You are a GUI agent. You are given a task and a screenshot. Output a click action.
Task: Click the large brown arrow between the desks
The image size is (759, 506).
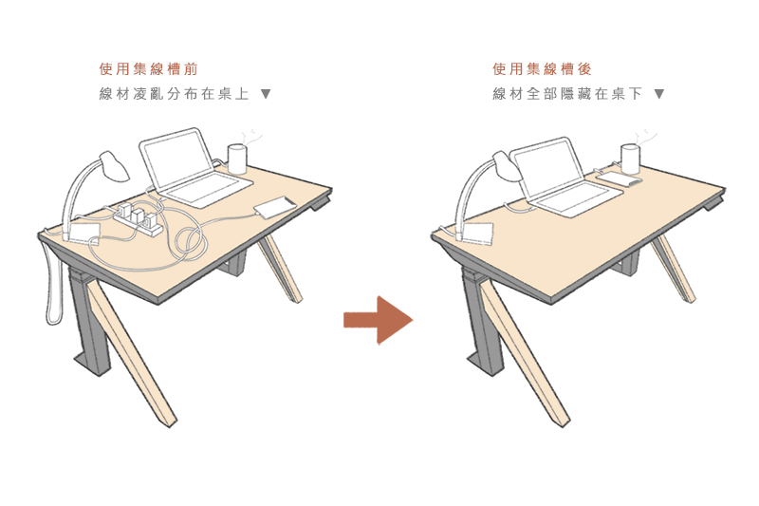[x=378, y=320]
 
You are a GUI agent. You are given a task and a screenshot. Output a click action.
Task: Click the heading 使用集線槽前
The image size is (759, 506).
[x=149, y=68]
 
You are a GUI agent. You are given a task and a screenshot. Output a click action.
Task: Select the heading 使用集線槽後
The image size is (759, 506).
[x=542, y=68]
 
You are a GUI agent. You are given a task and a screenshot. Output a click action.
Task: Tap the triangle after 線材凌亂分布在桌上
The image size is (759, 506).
[x=266, y=93]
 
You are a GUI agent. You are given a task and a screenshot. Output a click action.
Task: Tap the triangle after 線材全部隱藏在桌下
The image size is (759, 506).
[x=658, y=93]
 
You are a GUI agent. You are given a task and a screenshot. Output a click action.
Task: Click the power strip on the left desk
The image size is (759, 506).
[x=139, y=219]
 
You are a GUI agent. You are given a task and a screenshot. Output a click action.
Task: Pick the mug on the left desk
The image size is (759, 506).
[x=237, y=159]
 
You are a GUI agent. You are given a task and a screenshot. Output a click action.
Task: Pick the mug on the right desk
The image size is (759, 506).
[x=630, y=159]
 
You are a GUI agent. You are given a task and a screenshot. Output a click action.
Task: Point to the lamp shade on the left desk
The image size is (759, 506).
[x=114, y=166]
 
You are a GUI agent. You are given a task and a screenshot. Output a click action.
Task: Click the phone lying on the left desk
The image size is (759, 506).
[x=274, y=208]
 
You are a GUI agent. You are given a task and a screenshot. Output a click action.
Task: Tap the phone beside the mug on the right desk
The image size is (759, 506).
[x=619, y=180]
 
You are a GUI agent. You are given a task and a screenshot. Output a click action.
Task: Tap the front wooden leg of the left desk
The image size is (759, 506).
[x=130, y=352]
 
